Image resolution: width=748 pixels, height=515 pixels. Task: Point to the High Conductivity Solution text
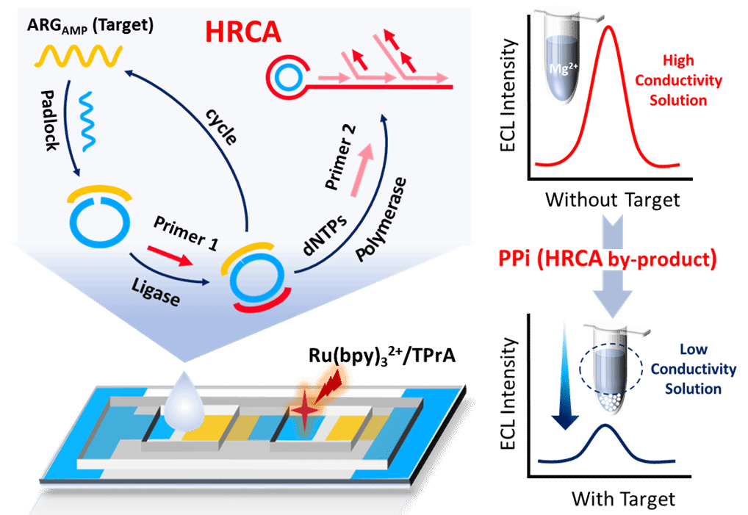click(x=678, y=80)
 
